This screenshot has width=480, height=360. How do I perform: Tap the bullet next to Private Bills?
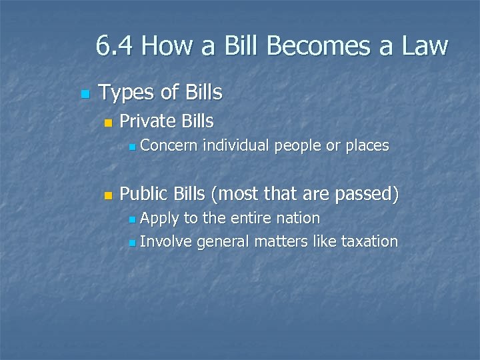pyautogui.click(x=108, y=123)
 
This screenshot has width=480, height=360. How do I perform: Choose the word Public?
pyautogui.click(x=143, y=194)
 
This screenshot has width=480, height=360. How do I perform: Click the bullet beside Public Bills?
pyautogui.click(x=108, y=195)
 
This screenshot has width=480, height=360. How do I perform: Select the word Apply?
pyautogui.click(x=160, y=219)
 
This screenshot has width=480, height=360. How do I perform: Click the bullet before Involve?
pyautogui.click(x=133, y=242)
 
